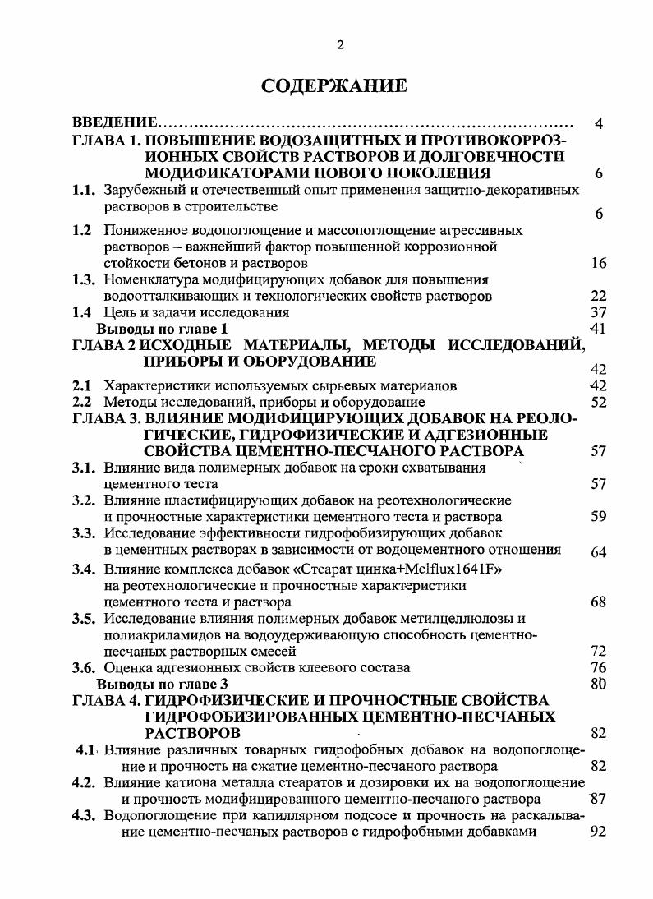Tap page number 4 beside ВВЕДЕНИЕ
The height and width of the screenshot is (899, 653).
599,124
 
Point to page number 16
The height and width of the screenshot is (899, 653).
598,264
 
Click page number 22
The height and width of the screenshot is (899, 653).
598,296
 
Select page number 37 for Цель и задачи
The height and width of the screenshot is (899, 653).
598,312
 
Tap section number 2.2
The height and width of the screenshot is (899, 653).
81,402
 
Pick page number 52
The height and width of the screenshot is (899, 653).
598,402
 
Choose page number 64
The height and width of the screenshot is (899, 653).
598,551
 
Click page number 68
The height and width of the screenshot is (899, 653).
598,602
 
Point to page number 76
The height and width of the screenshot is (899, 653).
598,667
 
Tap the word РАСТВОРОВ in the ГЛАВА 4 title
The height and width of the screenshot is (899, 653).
192,733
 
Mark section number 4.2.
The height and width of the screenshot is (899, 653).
85,781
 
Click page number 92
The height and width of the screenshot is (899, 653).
598,831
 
